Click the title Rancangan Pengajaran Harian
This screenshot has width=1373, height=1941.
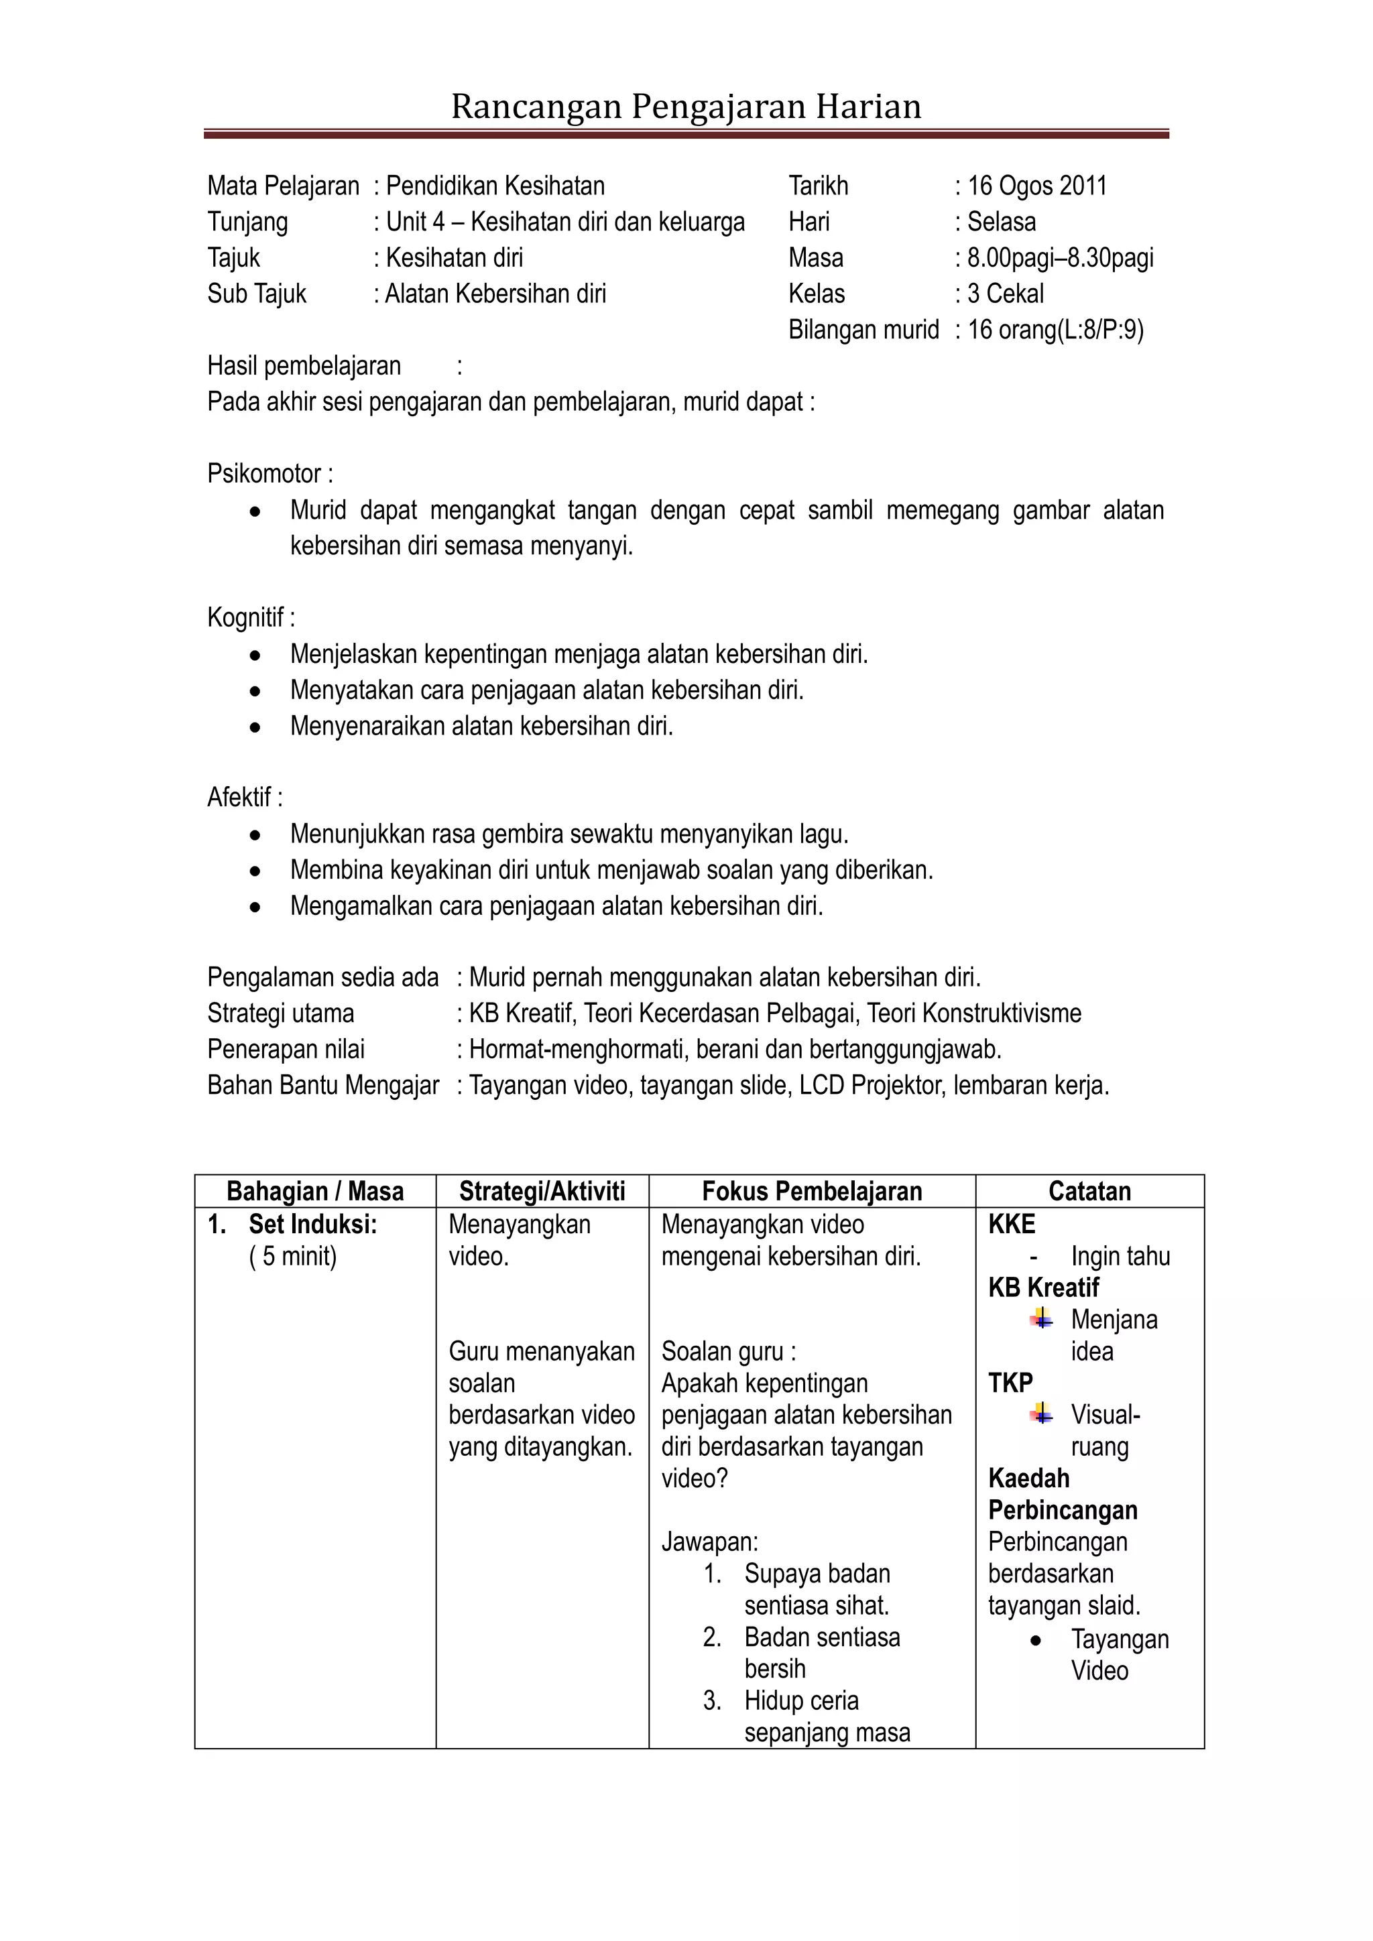[x=686, y=107]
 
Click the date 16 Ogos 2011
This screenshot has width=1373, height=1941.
[x=1036, y=186]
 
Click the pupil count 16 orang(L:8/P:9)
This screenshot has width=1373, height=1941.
[x=1055, y=330]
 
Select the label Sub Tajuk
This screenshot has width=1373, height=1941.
[x=256, y=294]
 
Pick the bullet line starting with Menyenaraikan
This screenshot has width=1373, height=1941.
[x=481, y=726]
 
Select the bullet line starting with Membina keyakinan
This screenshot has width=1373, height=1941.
[x=611, y=870]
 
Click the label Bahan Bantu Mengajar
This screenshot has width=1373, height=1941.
[x=323, y=1086]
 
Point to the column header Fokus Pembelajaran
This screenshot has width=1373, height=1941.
[x=812, y=1191]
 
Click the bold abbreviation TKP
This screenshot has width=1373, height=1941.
[x=1010, y=1383]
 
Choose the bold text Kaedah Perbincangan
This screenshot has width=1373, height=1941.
[x=1062, y=1494]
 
